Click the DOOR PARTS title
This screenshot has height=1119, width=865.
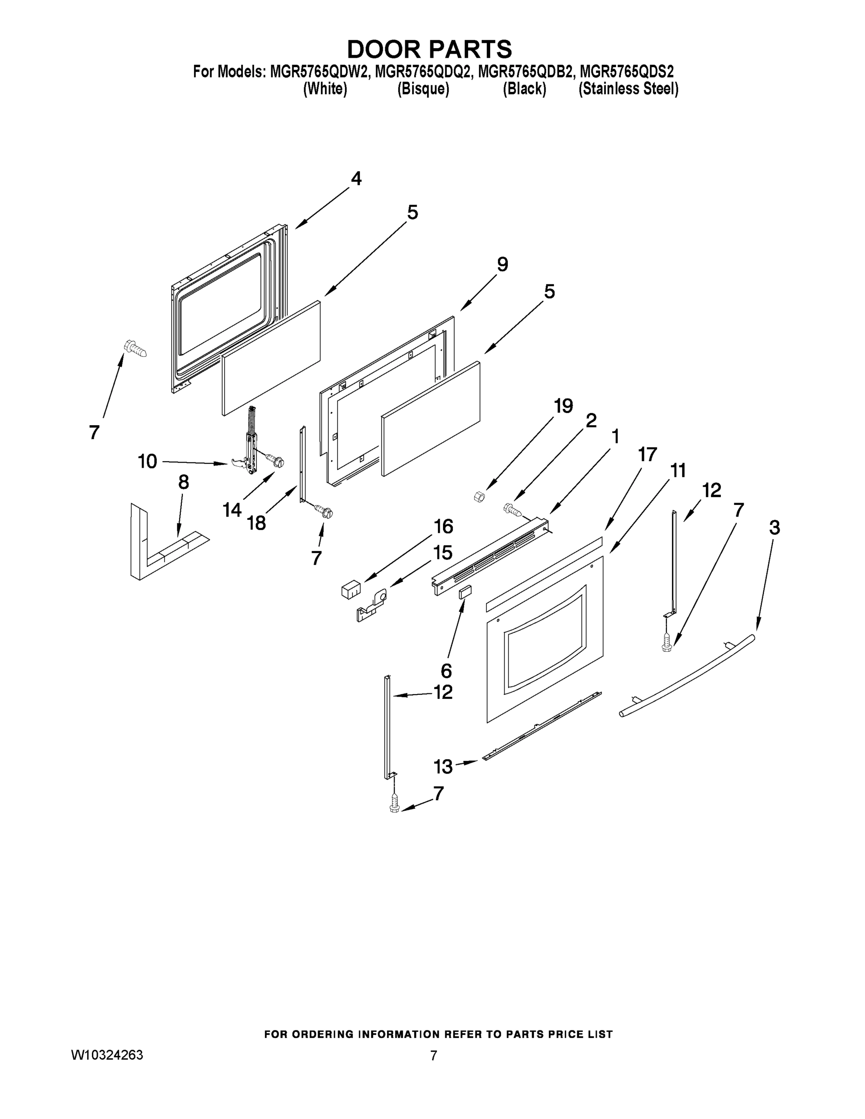(x=429, y=49)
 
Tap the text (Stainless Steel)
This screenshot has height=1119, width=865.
(x=628, y=89)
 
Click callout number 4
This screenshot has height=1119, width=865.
(x=356, y=179)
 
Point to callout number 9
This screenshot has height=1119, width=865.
(x=502, y=265)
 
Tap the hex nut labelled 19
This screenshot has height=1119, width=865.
(x=479, y=496)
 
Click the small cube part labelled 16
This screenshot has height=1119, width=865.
(x=351, y=589)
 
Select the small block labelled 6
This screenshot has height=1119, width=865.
(x=465, y=592)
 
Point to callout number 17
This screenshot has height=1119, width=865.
(x=647, y=454)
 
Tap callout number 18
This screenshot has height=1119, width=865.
(x=256, y=523)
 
